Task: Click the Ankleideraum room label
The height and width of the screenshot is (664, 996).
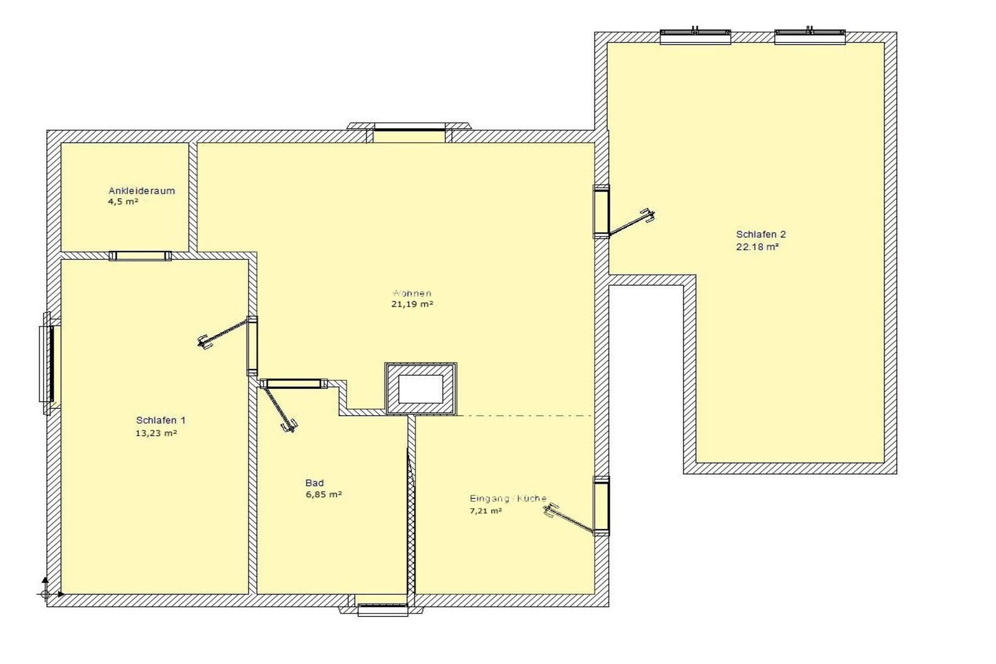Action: point(142,191)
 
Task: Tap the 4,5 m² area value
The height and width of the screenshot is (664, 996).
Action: point(123,201)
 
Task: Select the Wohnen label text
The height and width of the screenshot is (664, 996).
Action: point(412,293)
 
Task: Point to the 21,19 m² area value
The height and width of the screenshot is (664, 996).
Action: point(412,304)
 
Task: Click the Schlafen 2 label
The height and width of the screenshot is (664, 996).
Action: point(761,234)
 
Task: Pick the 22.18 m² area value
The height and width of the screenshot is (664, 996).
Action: point(757,247)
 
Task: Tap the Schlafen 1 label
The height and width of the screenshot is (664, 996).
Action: point(160,420)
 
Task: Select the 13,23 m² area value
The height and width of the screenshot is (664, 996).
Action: point(156,433)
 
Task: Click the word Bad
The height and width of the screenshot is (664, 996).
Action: point(314,483)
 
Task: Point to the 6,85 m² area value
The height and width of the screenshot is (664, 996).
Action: point(323,494)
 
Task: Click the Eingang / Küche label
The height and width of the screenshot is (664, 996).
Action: point(508,498)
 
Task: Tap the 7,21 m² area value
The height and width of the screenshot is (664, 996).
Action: point(485,511)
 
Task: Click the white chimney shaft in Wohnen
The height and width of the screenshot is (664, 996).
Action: point(421,389)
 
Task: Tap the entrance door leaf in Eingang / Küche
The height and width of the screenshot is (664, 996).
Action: point(570,520)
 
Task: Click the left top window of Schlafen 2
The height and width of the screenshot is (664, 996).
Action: point(695,36)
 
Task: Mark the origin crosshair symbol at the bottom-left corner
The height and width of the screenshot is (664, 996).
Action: point(45,594)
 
